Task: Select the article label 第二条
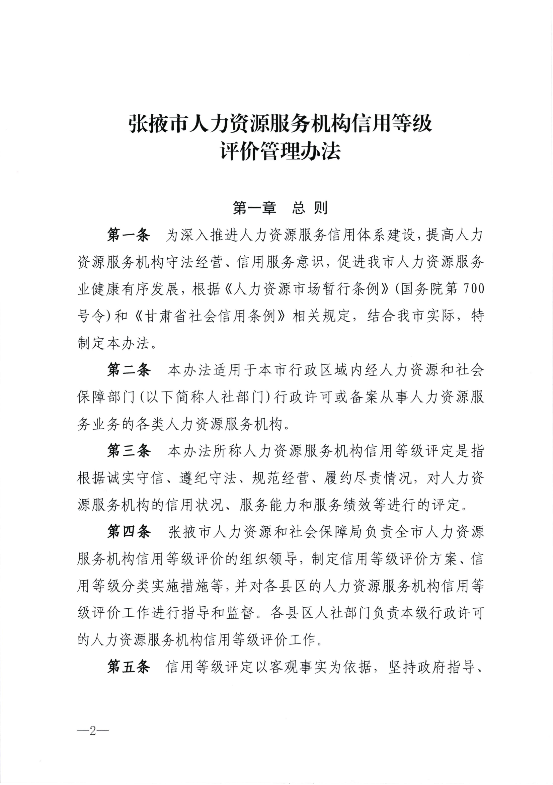click(x=129, y=370)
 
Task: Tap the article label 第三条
click(x=129, y=451)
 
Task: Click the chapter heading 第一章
click(x=254, y=208)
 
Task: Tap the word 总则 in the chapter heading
click(x=310, y=208)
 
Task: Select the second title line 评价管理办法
click(x=281, y=151)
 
